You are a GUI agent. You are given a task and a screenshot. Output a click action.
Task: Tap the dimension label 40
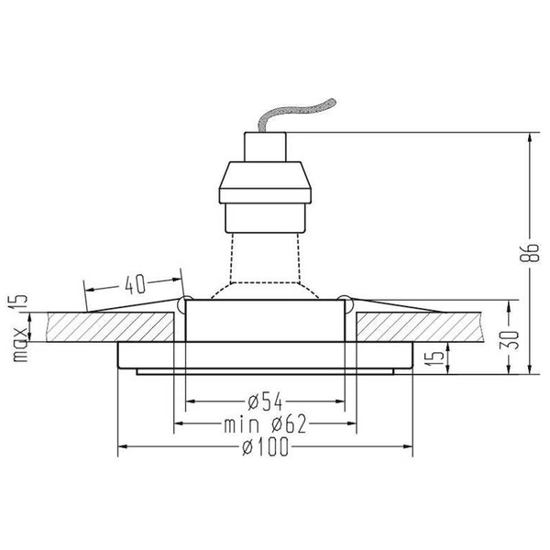pyautogui.click(x=134, y=284)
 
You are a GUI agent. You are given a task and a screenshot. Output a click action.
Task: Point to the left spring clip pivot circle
pyautogui.click(x=186, y=302)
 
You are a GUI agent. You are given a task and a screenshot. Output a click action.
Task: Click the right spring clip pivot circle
pyautogui.click(x=345, y=302)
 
